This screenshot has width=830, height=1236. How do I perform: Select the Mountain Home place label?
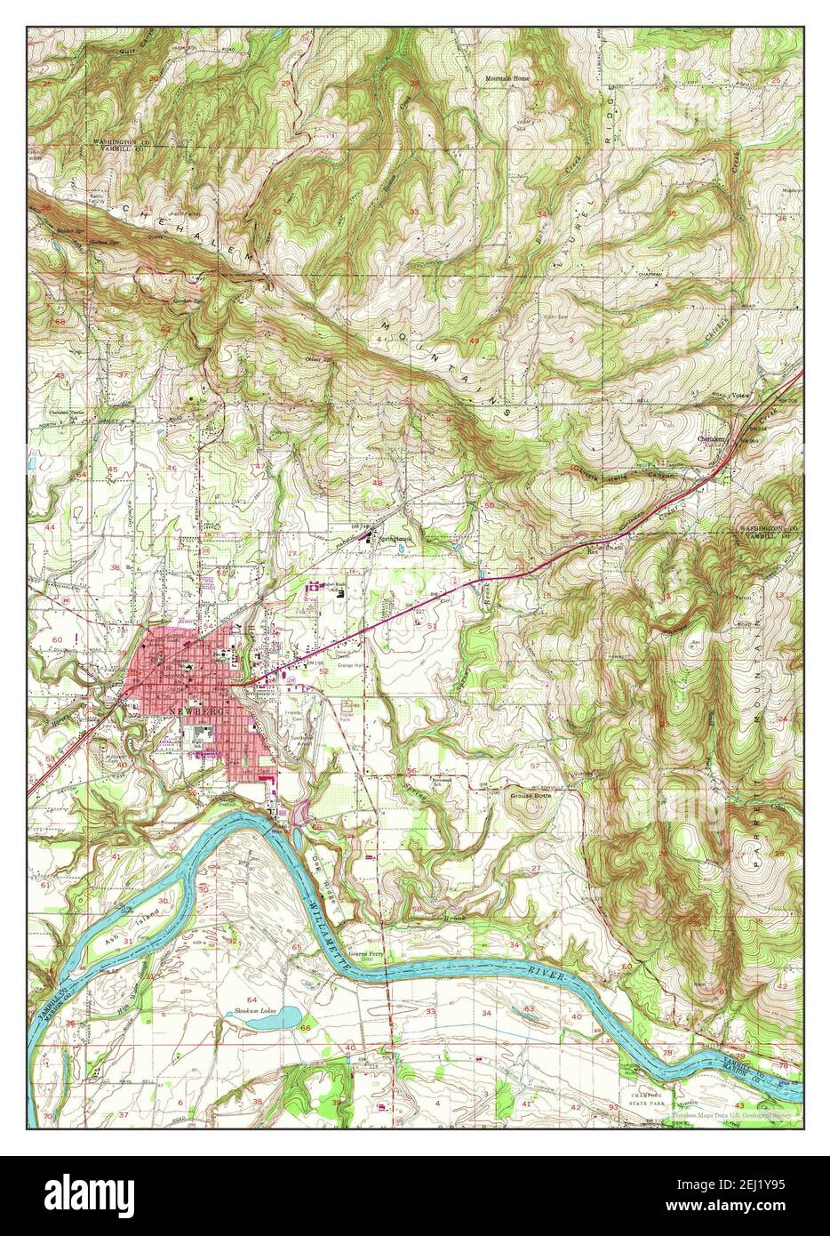pyautogui.click(x=507, y=78)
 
